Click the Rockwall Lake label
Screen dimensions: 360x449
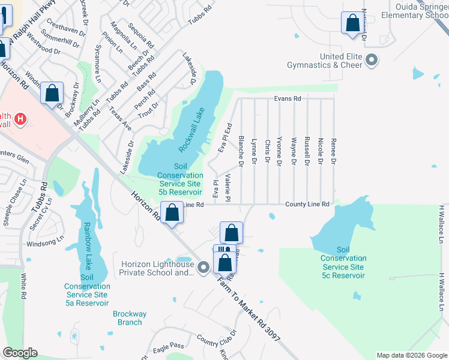click(x=192, y=129)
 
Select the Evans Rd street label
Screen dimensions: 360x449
click(x=287, y=98)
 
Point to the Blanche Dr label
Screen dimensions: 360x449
click(x=241, y=151)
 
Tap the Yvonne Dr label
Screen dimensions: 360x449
click(x=280, y=151)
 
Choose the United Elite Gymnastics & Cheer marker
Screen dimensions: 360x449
click(x=372, y=60)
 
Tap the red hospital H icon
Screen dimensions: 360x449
click(x=21, y=119)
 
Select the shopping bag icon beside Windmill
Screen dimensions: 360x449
click(x=52, y=93)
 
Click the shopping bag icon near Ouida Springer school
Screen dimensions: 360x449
click(x=352, y=23)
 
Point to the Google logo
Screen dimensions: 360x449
click(x=20, y=353)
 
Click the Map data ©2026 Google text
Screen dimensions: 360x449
click(x=411, y=355)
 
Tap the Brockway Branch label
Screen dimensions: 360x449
click(x=130, y=318)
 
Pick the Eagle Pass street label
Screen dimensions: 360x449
click(x=168, y=346)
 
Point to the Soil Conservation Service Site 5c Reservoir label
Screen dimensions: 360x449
click(x=343, y=262)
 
